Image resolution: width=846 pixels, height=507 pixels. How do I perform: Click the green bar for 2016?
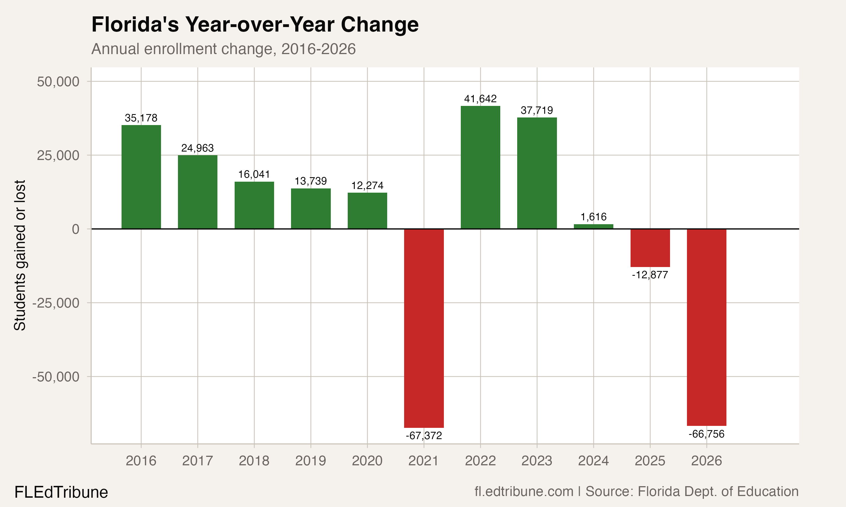141,177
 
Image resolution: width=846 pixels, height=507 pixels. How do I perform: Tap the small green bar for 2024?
593,226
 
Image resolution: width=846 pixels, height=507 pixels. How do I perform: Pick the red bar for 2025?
650,248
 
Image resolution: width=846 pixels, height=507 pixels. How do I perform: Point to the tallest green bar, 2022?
480,167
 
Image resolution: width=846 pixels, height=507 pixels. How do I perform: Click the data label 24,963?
197,148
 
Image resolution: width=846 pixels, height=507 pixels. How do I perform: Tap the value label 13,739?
310,181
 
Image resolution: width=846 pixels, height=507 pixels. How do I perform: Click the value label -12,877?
650,275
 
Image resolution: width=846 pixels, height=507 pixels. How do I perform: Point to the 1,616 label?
593,217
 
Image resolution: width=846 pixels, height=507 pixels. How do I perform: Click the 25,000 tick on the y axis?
58,155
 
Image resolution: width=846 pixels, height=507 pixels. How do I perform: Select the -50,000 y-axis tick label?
56,377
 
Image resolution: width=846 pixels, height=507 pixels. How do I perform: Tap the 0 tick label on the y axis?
76,229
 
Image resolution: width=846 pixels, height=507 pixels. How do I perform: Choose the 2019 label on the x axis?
310,461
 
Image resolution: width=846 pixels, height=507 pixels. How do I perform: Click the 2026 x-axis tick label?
706,461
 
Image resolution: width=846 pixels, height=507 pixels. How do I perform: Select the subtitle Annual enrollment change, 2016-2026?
223,49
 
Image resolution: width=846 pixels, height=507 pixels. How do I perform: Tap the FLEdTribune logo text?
61,492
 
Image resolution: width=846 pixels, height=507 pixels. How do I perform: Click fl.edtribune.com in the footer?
524,492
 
